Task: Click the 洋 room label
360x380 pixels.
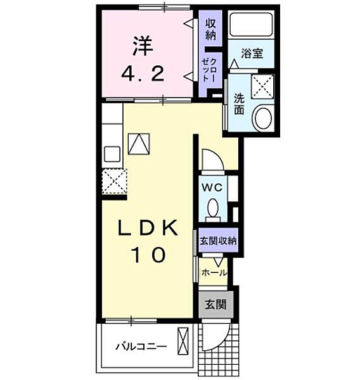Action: pos(144,44)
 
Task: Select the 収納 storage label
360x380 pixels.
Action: pos(210,28)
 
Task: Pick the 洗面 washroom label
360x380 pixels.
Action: pos(238,104)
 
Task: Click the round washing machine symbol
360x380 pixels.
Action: pos(262,118)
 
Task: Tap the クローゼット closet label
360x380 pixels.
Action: pos(209,68)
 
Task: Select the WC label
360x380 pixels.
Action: pos(210,187)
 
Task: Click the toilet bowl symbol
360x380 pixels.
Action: pos(214,207)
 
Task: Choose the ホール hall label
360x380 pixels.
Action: pos(214,272)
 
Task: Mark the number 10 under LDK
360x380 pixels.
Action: pos(150,255)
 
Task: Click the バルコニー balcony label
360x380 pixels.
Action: pos(141,347)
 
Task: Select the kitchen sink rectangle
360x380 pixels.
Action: pos(112,154)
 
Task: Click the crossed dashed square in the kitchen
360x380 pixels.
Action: pos(115,182)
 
